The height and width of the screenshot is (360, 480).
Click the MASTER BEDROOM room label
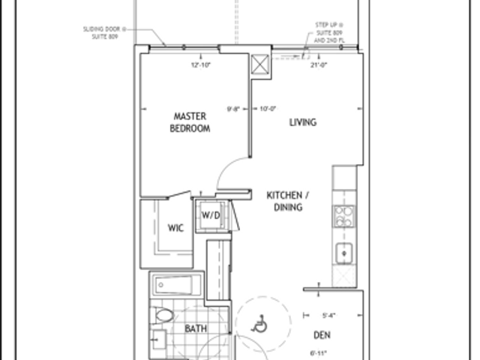(191, 122)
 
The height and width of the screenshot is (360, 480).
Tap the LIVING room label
(303, 122)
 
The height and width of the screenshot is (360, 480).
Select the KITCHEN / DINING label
(284, 201)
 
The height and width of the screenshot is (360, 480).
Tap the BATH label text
(196, 329)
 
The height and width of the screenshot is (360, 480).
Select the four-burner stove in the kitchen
(343, 216)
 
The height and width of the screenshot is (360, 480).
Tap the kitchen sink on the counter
(343, 253)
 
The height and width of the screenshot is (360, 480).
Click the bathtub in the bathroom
(177, 286)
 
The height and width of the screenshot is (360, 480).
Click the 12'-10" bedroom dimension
(200, 64)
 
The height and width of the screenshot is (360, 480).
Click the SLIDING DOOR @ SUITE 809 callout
(105, 31)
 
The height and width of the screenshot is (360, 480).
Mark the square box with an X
(259, 64)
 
